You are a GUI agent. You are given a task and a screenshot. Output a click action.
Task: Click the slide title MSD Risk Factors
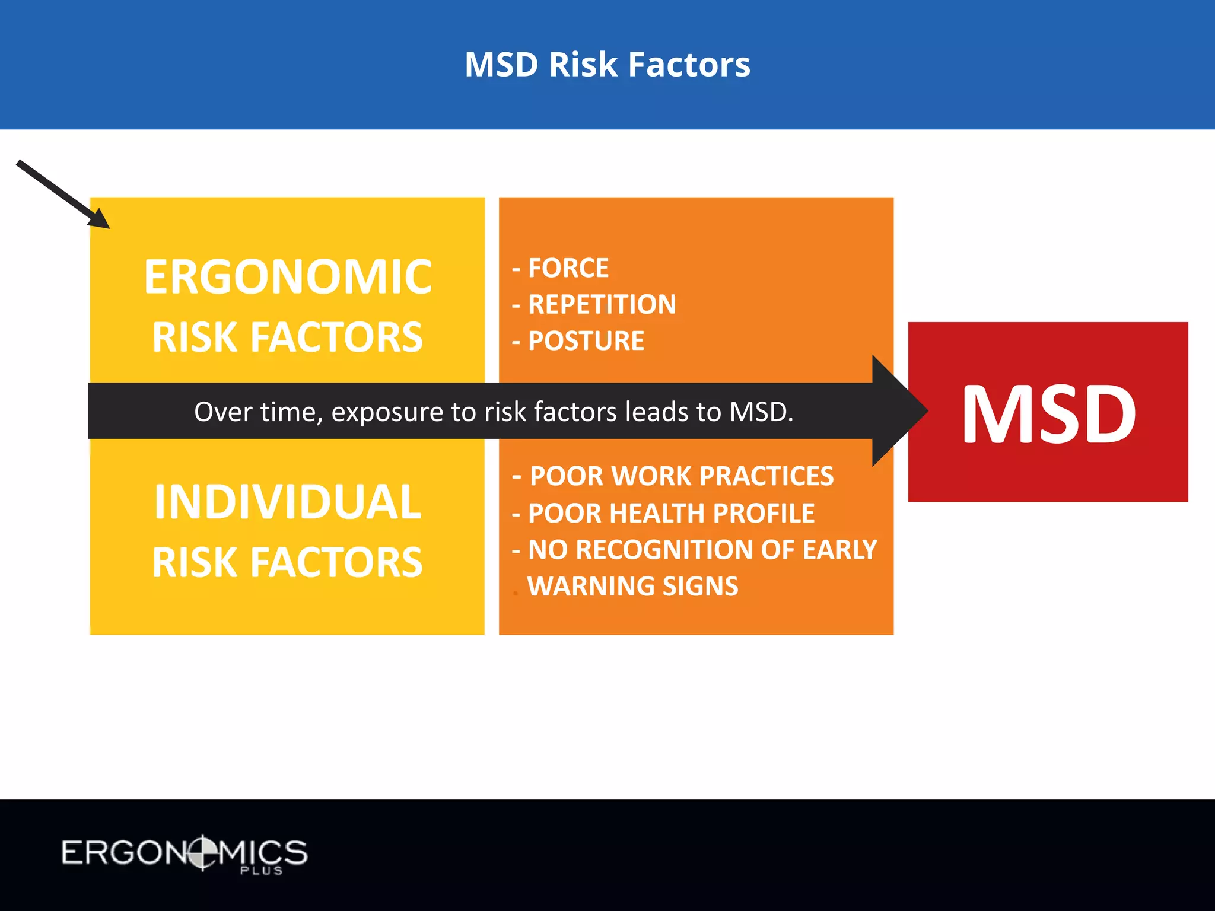point(607,64)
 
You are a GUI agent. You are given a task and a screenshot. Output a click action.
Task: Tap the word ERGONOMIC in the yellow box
point(288,277)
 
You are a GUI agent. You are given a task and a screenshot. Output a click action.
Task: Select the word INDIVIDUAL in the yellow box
point(288,502)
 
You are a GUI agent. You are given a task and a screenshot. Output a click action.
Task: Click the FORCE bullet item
point(568,268)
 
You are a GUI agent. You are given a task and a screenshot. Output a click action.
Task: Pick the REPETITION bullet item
point(602,305)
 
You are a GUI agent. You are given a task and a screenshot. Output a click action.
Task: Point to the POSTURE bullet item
point(586,341)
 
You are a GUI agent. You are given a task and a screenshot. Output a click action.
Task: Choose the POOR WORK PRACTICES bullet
point(681,476)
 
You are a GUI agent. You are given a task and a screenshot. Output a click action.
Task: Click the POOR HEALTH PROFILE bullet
point(671,513)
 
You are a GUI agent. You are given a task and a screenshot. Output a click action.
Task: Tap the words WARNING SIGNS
point(632,587)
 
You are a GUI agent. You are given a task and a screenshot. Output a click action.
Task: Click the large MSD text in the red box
point(1048,413)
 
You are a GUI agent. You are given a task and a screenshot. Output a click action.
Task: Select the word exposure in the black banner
point(387,412)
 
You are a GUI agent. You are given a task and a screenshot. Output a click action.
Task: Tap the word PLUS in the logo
point(261,871)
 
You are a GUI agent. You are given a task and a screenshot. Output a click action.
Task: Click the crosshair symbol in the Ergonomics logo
point(202,852)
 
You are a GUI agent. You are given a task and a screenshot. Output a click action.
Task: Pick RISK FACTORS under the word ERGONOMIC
point(288,337)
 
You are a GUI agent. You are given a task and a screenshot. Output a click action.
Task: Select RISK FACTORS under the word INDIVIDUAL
point(288,562)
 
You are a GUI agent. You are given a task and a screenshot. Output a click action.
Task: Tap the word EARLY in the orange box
point(839,550)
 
